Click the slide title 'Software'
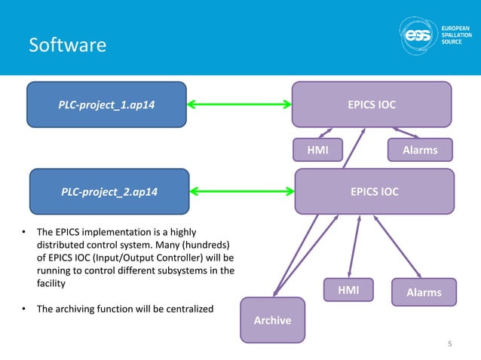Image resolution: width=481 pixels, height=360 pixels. click(66, 46)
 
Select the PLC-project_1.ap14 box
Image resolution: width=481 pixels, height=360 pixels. click(106, 104)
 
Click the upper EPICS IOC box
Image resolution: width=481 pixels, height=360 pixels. click(371, 104)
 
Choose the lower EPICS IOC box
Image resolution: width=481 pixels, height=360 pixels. click(374, 191)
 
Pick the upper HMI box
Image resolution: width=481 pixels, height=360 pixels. click(316, 150)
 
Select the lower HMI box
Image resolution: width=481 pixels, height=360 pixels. click(348, 290)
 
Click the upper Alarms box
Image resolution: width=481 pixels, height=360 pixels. click(420, 150)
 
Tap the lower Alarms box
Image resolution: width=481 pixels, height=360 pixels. click(423, 292)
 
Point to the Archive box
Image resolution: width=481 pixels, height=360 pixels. click(272, 320)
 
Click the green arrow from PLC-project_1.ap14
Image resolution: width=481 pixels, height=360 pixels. click(239, 104)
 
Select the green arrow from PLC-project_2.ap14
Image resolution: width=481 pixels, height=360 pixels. click(240, 191)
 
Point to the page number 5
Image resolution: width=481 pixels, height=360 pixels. click(449, 345)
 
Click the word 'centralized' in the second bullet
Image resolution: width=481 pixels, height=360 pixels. click(185, 309)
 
